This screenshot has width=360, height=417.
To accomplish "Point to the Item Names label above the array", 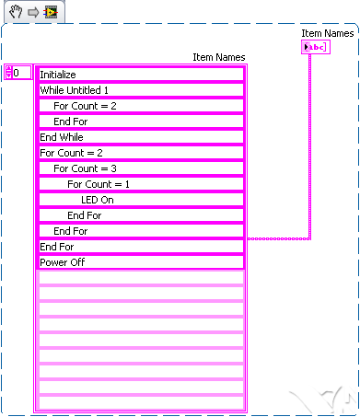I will pos(218,57).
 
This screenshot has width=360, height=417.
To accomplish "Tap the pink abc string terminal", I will pos(315,47).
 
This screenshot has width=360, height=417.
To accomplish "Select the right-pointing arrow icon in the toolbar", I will pos(32,11).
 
